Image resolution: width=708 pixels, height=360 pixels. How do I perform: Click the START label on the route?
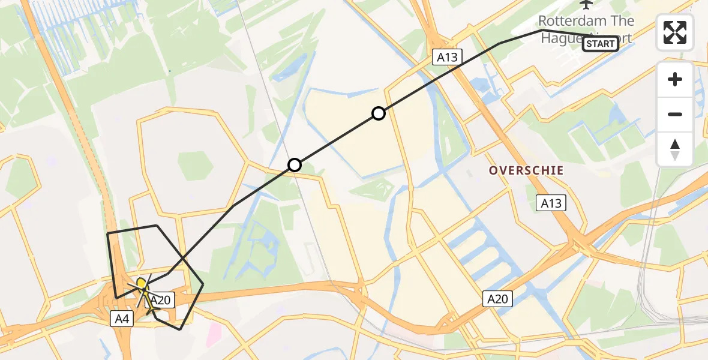(x=601, y=44)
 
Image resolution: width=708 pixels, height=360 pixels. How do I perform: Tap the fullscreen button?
(x=675, y=32)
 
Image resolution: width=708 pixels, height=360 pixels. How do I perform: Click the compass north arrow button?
(x=675, y=149)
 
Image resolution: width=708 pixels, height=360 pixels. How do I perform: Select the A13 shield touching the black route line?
(x=446, y=58)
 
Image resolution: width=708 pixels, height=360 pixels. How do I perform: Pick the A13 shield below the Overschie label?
(x=551, y=203)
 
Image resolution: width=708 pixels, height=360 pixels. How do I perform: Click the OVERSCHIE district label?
(x=526, y=170)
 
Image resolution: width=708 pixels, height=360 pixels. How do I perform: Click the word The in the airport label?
(x=622, y=21)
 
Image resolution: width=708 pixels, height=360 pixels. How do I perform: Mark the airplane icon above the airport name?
(x=586, y=5)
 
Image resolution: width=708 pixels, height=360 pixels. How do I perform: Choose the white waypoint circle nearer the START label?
(x=378, y=113)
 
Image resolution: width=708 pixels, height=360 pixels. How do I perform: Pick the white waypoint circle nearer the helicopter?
(x=294, y=164)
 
